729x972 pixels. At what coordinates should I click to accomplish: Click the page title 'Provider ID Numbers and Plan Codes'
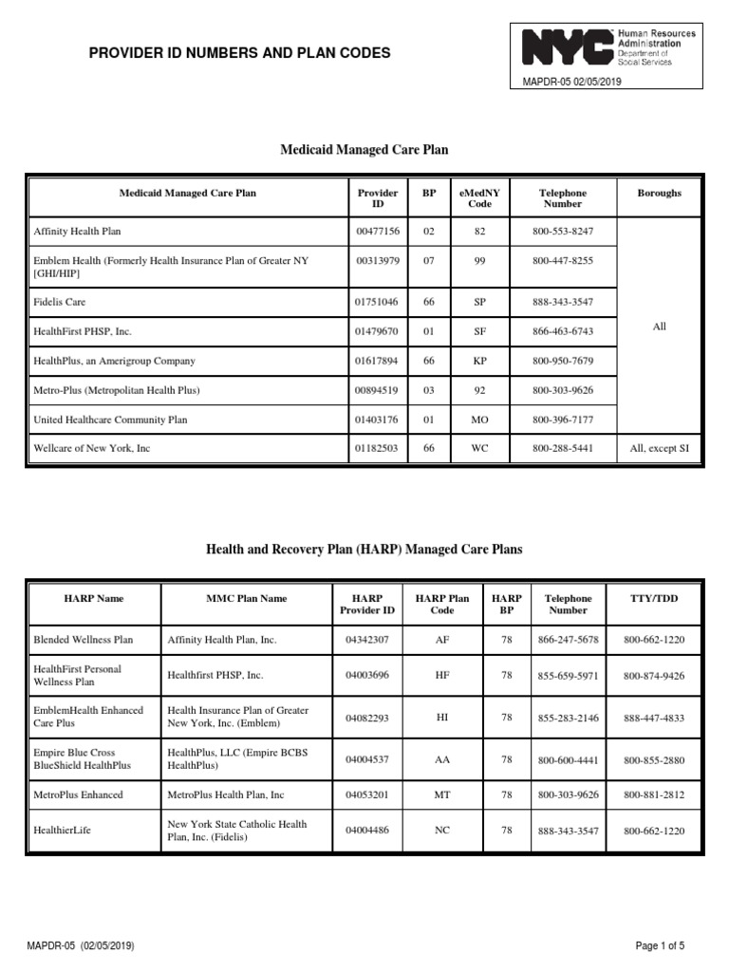[239, 54]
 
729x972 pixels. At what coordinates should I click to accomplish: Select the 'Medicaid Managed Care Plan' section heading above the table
[364, 150]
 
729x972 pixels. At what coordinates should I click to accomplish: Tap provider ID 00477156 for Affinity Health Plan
[378, 231]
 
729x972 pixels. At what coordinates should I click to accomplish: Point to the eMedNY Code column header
[479, 198]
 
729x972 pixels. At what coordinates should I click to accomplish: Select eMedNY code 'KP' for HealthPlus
[479, 361]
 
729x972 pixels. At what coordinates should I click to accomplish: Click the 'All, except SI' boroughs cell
[659, 448]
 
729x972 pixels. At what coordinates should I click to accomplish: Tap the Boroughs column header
[659, 193]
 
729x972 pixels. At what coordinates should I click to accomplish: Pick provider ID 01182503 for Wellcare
[378, 448]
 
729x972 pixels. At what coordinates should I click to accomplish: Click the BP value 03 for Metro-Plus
[429, 390]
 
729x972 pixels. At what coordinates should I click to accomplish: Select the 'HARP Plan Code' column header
[442, 605]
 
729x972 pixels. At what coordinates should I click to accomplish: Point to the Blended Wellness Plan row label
[84, 640]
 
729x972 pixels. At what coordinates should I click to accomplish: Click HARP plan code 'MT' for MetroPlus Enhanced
[442, 794]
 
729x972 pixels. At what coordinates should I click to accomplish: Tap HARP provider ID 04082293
[366, 718]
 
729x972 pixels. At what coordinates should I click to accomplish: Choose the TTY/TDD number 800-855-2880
[654, 759]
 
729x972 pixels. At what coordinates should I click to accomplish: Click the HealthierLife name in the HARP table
[62, 830]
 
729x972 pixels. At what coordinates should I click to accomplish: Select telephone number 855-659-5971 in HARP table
[568, 676]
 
